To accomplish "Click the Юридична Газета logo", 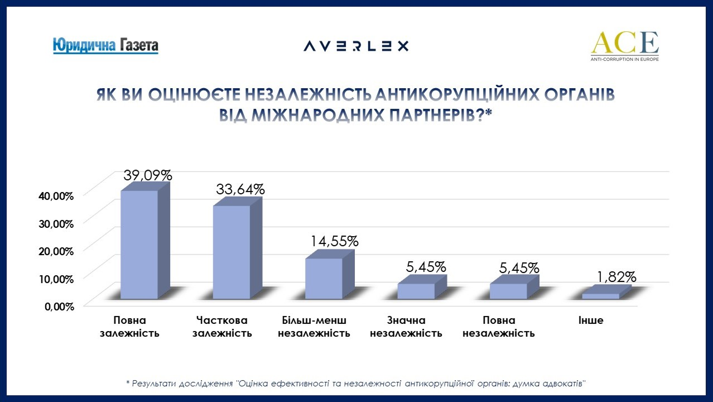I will tap(105, 45).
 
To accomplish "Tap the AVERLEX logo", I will tap(356, 46).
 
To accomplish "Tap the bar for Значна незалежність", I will tap(416, 291).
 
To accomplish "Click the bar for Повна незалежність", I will tap(508, 291).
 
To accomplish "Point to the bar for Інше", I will tap(600, 296).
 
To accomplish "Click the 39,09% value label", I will tap(147, 175).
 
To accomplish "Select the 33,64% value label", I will tap(240, 189).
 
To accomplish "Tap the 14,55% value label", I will tap(334, 241).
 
